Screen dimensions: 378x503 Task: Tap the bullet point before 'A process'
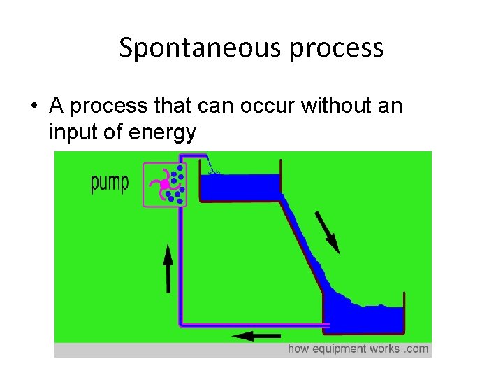coord(32,107)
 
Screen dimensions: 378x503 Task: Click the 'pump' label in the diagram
coord(110,183)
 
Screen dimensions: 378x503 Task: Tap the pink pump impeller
coord(163,185)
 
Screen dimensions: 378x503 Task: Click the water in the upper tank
coord(240,186)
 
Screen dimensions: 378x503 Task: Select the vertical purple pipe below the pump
coord(182,266)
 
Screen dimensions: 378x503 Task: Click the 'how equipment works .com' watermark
coord(358,349)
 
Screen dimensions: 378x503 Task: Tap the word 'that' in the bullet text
coord(160,106)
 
